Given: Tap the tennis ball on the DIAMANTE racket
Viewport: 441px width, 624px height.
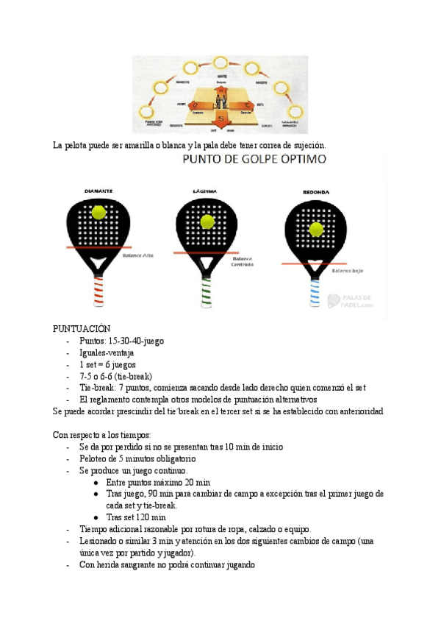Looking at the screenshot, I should (98, 212).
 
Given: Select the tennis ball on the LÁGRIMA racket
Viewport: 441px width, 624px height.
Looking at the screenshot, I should (207, 220).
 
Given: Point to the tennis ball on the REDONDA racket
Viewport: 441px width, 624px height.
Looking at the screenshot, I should (316, 229).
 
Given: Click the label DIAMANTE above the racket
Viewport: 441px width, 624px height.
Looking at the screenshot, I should (98, 191).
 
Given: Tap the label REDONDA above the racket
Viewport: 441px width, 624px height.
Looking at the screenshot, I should (316, 193).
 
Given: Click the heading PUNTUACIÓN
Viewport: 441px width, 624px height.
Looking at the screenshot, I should (81, 329).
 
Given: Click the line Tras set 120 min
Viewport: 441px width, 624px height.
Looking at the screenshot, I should (136, 517).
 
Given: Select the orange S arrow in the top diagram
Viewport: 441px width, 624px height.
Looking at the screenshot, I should (221, 118).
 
